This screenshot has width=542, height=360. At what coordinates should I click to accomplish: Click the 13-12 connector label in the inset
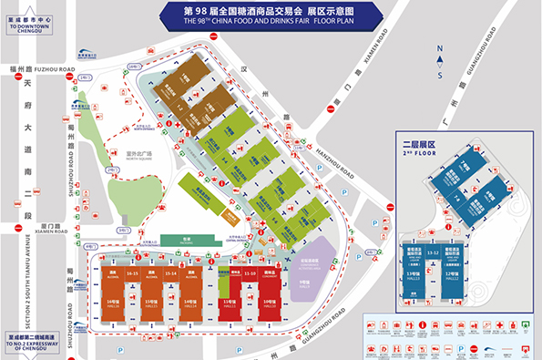[x=435, y=252]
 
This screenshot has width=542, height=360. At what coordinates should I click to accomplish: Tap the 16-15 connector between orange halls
[x=133, y=273]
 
